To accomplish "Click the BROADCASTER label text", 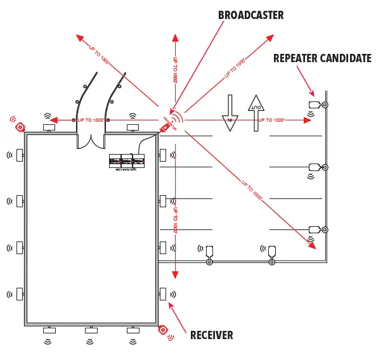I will click(x=250, y=15).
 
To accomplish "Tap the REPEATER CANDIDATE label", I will click(x=322, y=58).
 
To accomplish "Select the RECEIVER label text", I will click(x=212, y=335).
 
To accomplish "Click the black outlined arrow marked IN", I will click(x=230, y=113).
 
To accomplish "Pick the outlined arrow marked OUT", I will click(x=256, y=112).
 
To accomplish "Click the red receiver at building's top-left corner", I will click(x=20, y=126).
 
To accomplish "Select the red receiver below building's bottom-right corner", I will click(x=163, y=330).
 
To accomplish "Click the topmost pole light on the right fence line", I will click(x=315, y=105).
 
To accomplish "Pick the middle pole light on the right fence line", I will click(x=315, y=167).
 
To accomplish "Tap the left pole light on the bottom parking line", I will click(x=209, y=252).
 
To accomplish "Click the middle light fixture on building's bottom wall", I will click(x=91, y=330).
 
